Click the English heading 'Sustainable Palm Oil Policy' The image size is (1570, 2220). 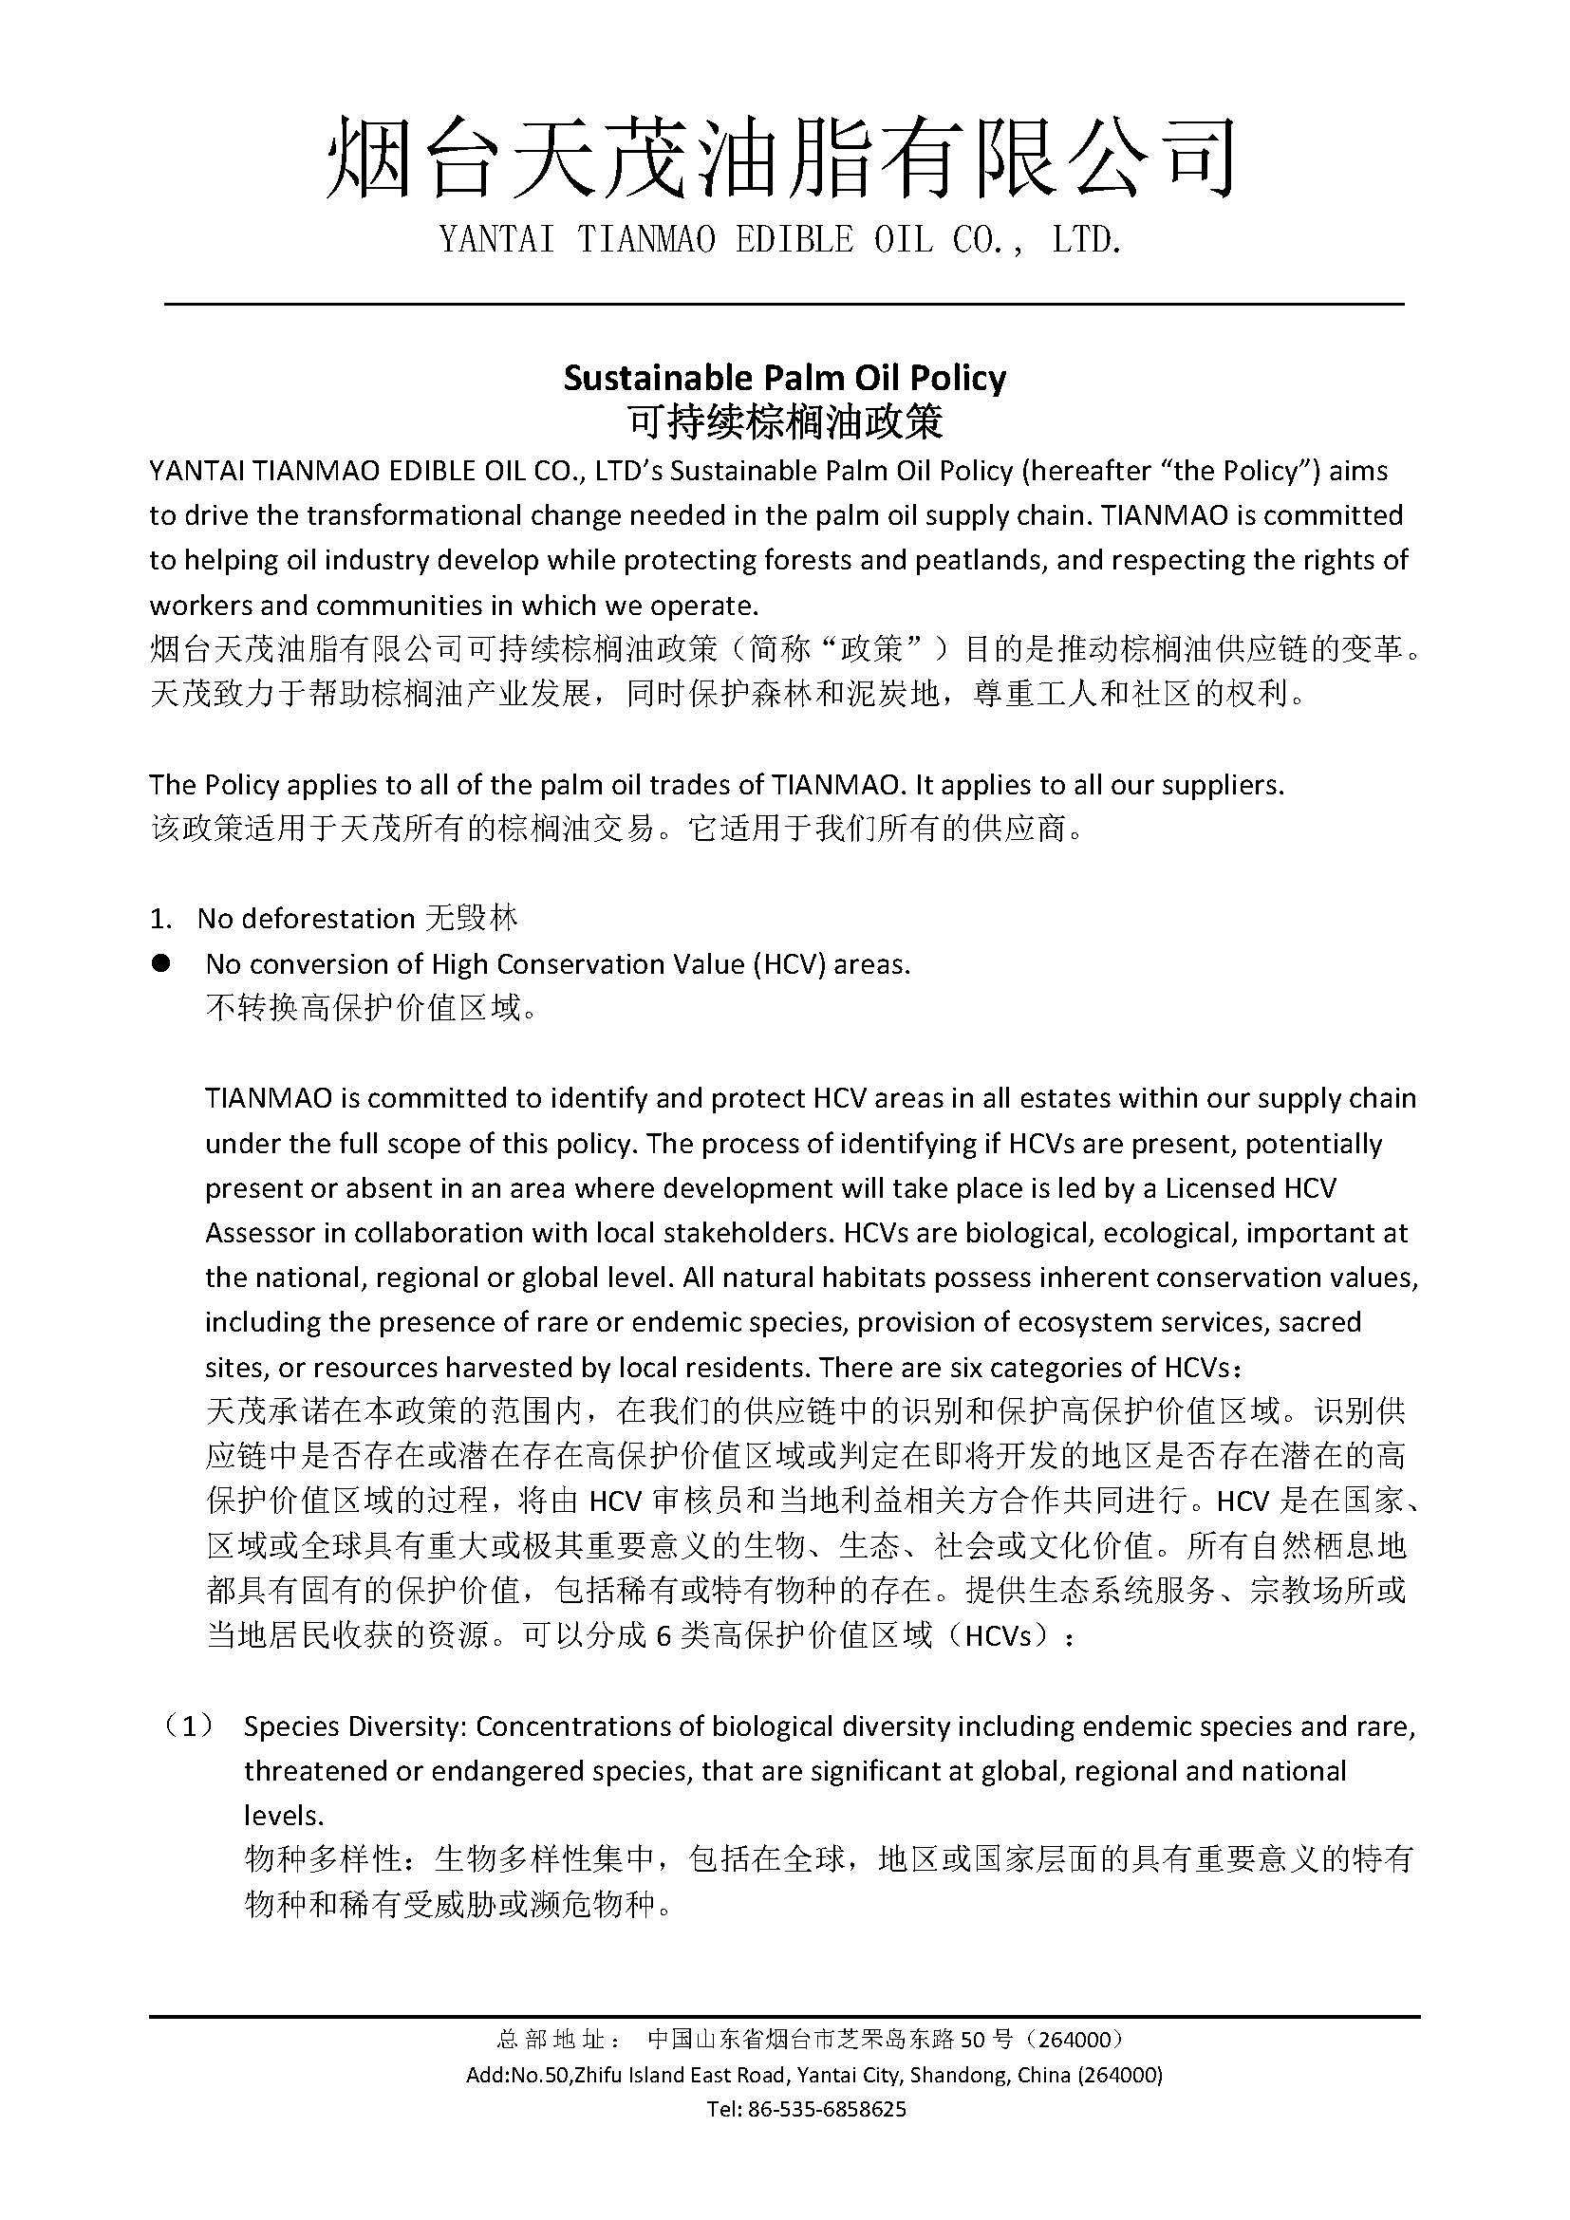[x=784, y=377]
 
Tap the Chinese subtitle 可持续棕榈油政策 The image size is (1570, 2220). [x=784, y=421]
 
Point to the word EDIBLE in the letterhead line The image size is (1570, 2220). [x=794, y=240]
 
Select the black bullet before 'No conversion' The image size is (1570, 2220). [x=161, y=963]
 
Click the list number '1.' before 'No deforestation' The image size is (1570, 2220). [x=160, y=919]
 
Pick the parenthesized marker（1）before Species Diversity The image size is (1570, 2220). [x=189, y=1726]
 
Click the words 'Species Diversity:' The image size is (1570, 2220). [x=354, y=1726]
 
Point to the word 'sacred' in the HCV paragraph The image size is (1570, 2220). [x=1319, y=1322]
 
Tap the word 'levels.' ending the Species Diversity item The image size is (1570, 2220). [x=282, y=1816]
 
